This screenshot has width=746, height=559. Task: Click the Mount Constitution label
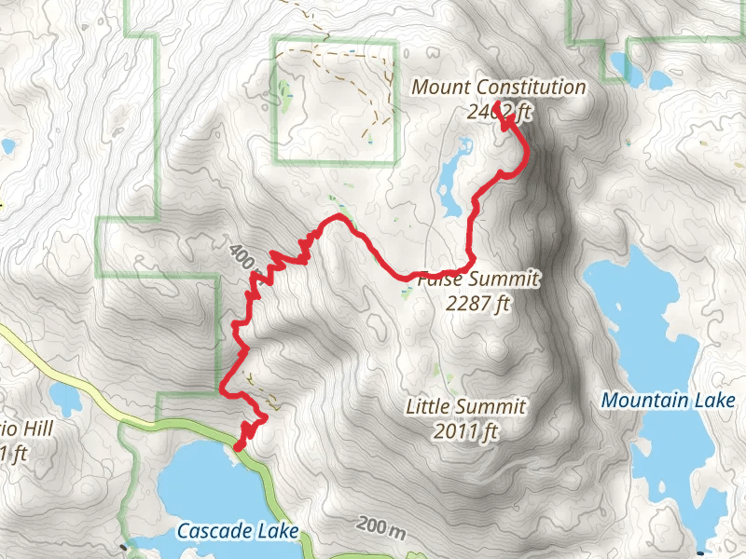[499, 88]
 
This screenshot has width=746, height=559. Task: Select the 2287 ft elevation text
[479, 303]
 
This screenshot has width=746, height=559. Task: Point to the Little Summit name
[466, 407]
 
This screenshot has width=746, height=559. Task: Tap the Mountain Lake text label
[669, 401]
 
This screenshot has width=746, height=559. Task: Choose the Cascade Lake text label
[238, 531]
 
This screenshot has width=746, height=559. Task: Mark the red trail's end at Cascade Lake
[238, 448]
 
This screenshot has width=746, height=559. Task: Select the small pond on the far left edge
[7, 146]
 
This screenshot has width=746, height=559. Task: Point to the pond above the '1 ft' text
[66, 399]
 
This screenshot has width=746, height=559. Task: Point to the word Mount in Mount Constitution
[438, 88]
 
